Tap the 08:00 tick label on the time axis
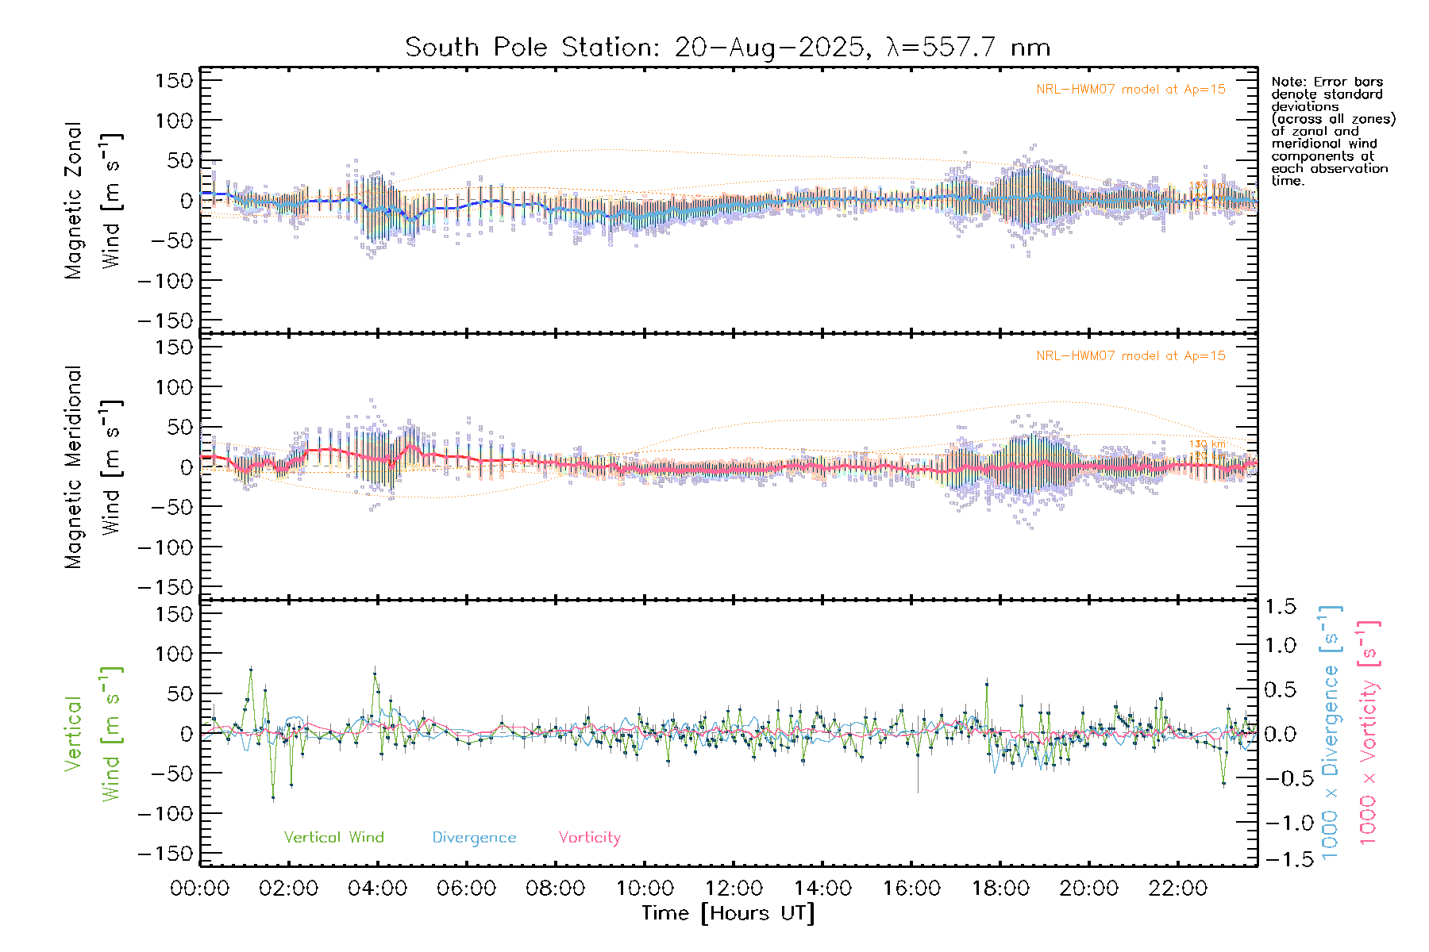[555, 889]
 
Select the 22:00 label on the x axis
[1178, 889]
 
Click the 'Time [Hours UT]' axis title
[728, 913]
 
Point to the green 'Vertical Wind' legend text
[333, 837]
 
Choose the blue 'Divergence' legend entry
[474, 838]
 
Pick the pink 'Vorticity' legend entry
[589, 837]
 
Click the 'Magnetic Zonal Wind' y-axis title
[93, 201]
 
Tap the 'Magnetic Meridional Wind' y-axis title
[93, 467]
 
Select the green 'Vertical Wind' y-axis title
[93, 734]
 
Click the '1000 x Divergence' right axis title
[1330, 732]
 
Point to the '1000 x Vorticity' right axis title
[1369, 732]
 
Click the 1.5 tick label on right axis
[1281, 607]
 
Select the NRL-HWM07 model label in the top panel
[1130, 90]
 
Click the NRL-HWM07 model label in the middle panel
[1130, 356]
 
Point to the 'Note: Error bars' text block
[1332, 131]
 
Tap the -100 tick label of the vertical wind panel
[165, 813]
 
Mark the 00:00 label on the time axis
[199, 889]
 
